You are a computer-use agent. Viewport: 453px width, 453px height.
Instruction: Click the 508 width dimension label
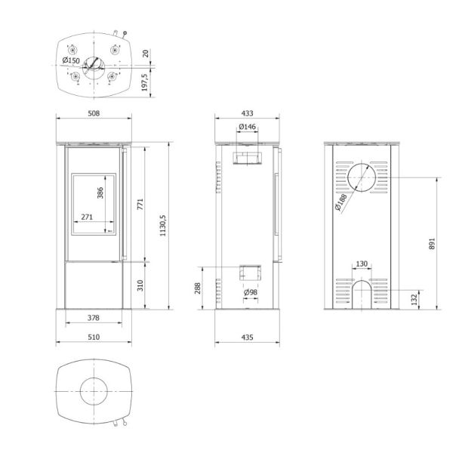click(x=94, y=113)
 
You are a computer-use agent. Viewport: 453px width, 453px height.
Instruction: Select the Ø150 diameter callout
click(x=71, y=60)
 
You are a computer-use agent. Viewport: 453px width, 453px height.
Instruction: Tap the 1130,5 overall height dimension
click(x=163, y=225)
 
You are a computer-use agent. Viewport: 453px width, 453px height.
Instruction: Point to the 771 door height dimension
click(x=140, y=204)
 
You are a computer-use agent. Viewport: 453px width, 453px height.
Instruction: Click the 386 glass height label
click(x=100, y=193)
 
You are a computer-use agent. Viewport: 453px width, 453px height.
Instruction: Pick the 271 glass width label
click(x=87, y=217)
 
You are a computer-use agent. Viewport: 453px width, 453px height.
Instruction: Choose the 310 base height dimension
click(x=140, y=285)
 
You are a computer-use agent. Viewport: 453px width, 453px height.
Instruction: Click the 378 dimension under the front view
click(x=94, y=318)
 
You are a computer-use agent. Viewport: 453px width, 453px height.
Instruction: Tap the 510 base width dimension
click(x=94, y=337)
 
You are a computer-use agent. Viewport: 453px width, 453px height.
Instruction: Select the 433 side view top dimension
click(x=247, y=113)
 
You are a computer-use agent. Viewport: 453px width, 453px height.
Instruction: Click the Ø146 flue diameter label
click(x=248, y=127)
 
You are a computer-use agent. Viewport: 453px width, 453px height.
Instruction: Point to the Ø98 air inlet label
click(x=251, y=292)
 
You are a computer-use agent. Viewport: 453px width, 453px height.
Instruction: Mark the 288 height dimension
click(x=198, y=288)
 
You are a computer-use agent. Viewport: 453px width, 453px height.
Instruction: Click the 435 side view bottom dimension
click(x=247, y=337)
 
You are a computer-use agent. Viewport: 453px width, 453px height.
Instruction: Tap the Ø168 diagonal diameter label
click(x=341, y=202)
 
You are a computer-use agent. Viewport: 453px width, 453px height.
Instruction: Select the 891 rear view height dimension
click(x=432, y=244)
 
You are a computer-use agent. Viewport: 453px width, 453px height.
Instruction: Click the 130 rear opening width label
click(x=362, y=263)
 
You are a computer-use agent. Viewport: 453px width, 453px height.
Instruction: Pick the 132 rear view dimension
click(x=414, y=300)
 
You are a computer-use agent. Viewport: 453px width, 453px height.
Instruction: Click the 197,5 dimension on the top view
click(x=145, y=82)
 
